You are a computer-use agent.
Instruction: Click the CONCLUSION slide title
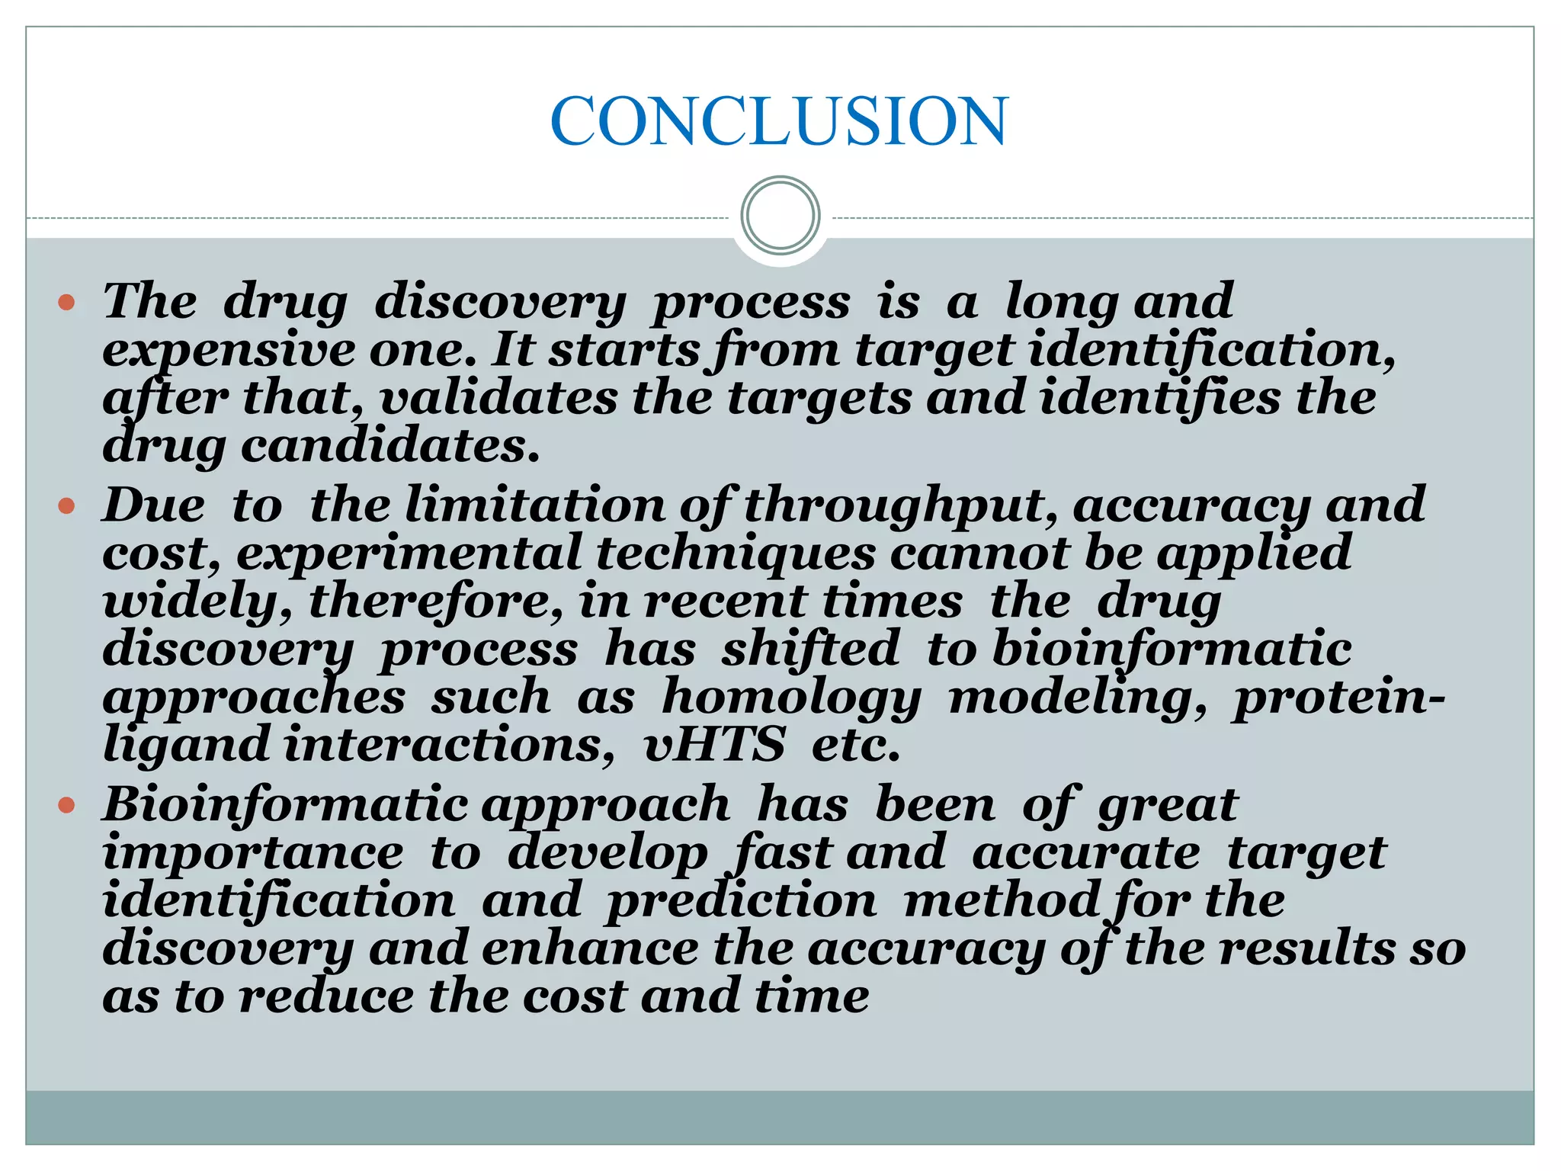779,121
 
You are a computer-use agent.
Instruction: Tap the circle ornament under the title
780,216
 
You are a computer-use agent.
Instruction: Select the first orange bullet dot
67,303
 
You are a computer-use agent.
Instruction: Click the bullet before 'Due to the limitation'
67,505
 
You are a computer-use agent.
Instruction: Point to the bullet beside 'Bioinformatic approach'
67,805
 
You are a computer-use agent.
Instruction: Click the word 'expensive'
229,351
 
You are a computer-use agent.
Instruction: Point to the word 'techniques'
736,553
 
